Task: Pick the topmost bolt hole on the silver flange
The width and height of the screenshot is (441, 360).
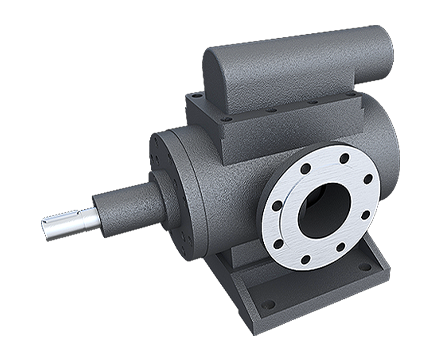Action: click(345, 157)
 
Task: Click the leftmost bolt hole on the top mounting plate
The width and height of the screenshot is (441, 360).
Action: click(197, 96)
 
